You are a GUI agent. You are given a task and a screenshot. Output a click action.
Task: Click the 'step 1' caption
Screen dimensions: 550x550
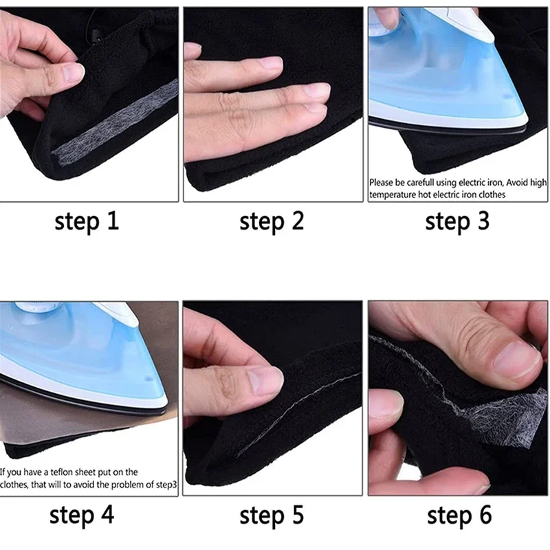[x=87, y=221]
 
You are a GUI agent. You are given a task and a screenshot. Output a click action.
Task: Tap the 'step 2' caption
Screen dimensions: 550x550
[x=272, y=221]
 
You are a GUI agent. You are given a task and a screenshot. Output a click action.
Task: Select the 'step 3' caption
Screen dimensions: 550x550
[x=457, y=221]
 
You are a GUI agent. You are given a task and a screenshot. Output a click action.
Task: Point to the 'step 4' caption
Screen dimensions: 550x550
[x=82, y=515]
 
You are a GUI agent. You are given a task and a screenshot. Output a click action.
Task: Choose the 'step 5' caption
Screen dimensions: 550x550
[x=272, y=515]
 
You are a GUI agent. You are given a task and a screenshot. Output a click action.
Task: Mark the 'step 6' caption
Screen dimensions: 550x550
[x=459, y=515]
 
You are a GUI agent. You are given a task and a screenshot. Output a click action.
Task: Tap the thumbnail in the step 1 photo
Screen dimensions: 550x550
[x=72, y=73]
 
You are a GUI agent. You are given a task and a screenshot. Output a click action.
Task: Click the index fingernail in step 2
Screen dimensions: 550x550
[x=272, y=63]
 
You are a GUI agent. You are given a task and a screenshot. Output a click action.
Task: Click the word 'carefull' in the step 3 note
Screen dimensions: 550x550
[x=420, y=182]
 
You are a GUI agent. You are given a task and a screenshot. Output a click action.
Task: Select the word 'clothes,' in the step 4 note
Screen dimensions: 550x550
[x=14, y=485]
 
